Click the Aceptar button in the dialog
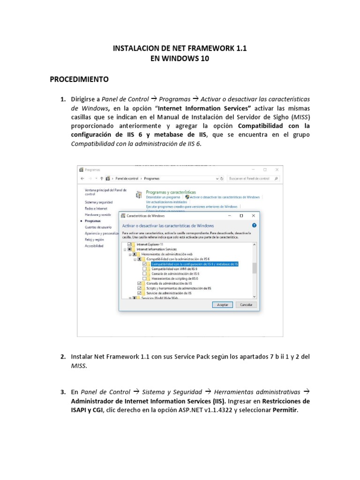tap(223, 304)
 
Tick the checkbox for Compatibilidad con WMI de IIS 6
tap(144, 269)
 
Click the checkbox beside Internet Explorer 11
tap(129, 245)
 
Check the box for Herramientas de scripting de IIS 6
tap(144, 278)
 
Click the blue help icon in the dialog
tap(254, 225)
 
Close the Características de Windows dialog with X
tap(254, 216)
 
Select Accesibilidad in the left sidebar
tap(94, 246)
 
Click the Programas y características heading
tap(171, 192)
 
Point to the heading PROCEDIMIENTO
tap(79, 79)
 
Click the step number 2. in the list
tap(62, 357)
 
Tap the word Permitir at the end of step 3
tap(285, 410)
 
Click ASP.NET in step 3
tap(187, 410)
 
